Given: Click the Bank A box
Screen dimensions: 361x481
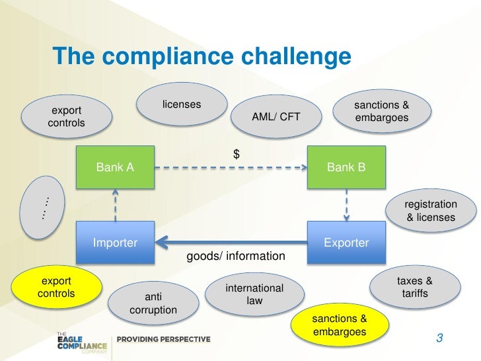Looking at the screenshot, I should point(116,168).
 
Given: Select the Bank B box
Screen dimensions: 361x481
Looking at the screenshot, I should point(346,168).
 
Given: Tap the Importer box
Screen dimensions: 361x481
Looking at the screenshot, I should point(116,243).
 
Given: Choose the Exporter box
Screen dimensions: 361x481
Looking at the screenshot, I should point(346,243).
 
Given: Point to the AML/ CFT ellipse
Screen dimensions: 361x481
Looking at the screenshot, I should point(276,117).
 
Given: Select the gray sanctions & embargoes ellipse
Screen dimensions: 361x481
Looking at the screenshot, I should point(382,111).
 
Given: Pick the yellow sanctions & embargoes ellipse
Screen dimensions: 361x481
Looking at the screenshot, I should point(339,325).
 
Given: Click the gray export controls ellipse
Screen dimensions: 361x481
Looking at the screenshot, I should point(66,116).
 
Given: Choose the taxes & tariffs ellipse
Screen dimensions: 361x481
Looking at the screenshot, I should point(415,286).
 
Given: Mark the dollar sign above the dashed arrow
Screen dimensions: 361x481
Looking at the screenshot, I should point(236,154).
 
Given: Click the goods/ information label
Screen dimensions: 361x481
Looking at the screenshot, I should point(236,256).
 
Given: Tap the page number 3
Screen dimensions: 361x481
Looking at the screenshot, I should point(439,339).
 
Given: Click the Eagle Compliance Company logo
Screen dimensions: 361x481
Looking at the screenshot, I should point(82,339).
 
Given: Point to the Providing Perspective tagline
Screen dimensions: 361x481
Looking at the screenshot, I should point(164,339).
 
